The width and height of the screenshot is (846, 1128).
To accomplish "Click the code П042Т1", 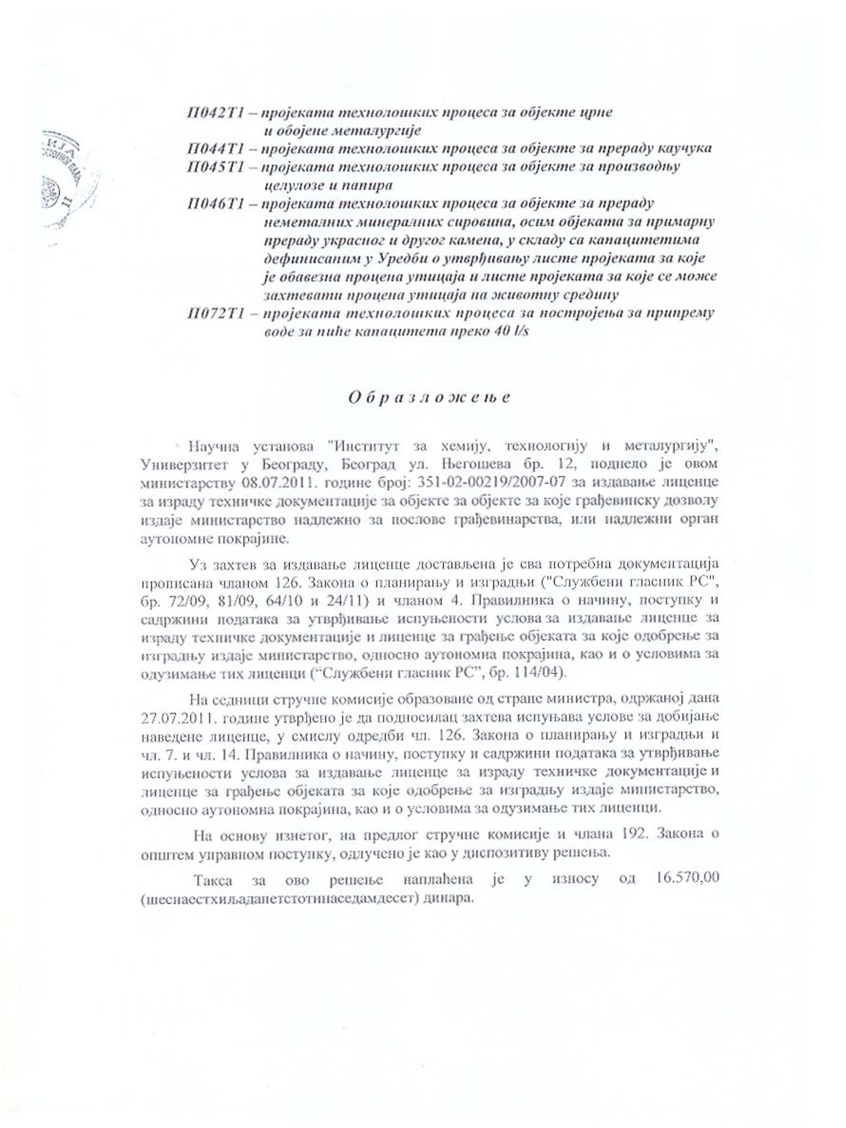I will coord(215,113).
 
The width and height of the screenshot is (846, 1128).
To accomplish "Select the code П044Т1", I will coord(215,149).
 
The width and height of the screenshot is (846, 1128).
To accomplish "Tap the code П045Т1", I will coord(215,167).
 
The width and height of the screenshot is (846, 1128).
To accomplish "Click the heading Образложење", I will coord(429,398).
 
